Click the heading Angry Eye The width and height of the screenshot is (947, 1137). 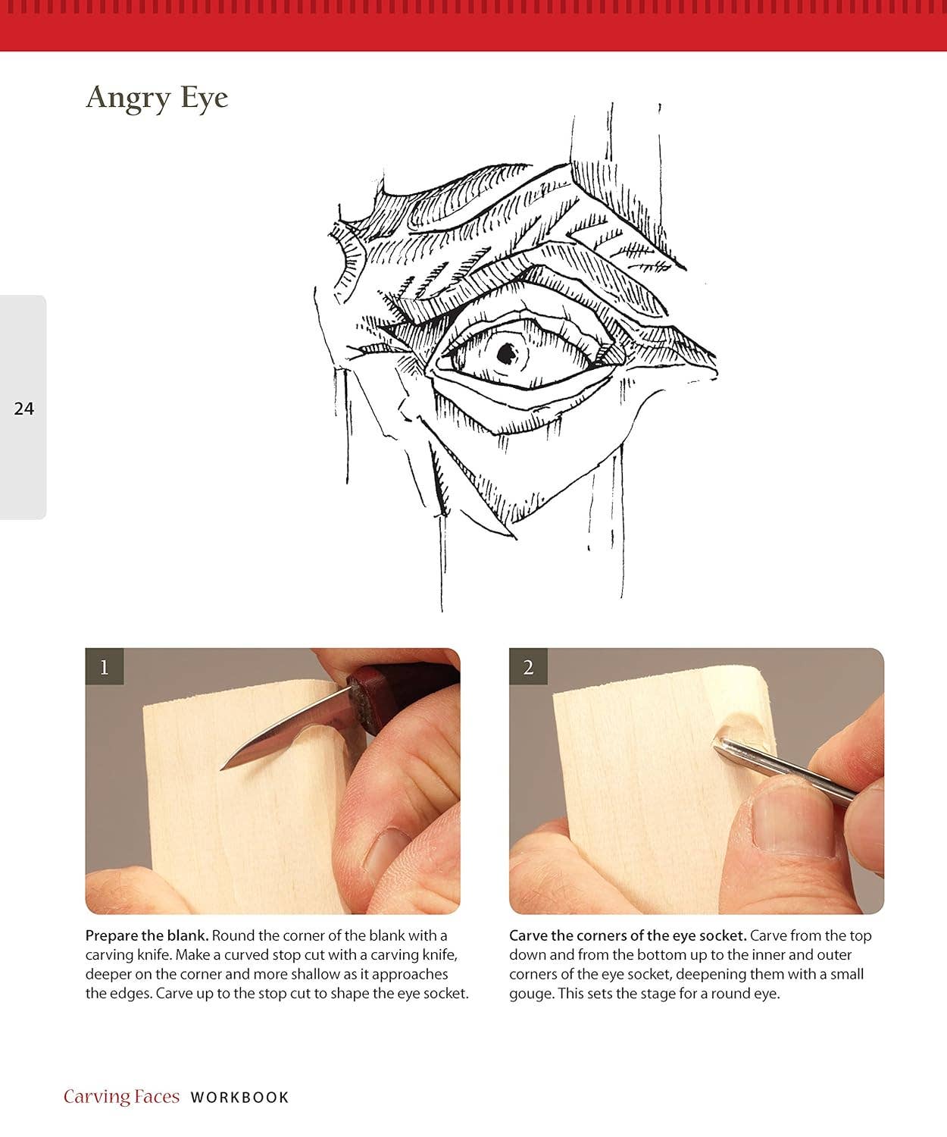point(157,99)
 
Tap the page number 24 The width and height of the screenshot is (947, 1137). point(24,409)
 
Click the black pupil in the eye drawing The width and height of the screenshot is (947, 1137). point(505,351)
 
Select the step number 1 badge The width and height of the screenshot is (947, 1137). point(105,667)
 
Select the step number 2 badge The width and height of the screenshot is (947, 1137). point(528,667)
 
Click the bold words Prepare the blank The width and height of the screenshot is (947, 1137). point(146,935)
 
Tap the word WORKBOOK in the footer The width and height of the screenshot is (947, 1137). point(239,1097)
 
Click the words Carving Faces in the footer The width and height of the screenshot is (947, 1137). point(121,1096)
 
